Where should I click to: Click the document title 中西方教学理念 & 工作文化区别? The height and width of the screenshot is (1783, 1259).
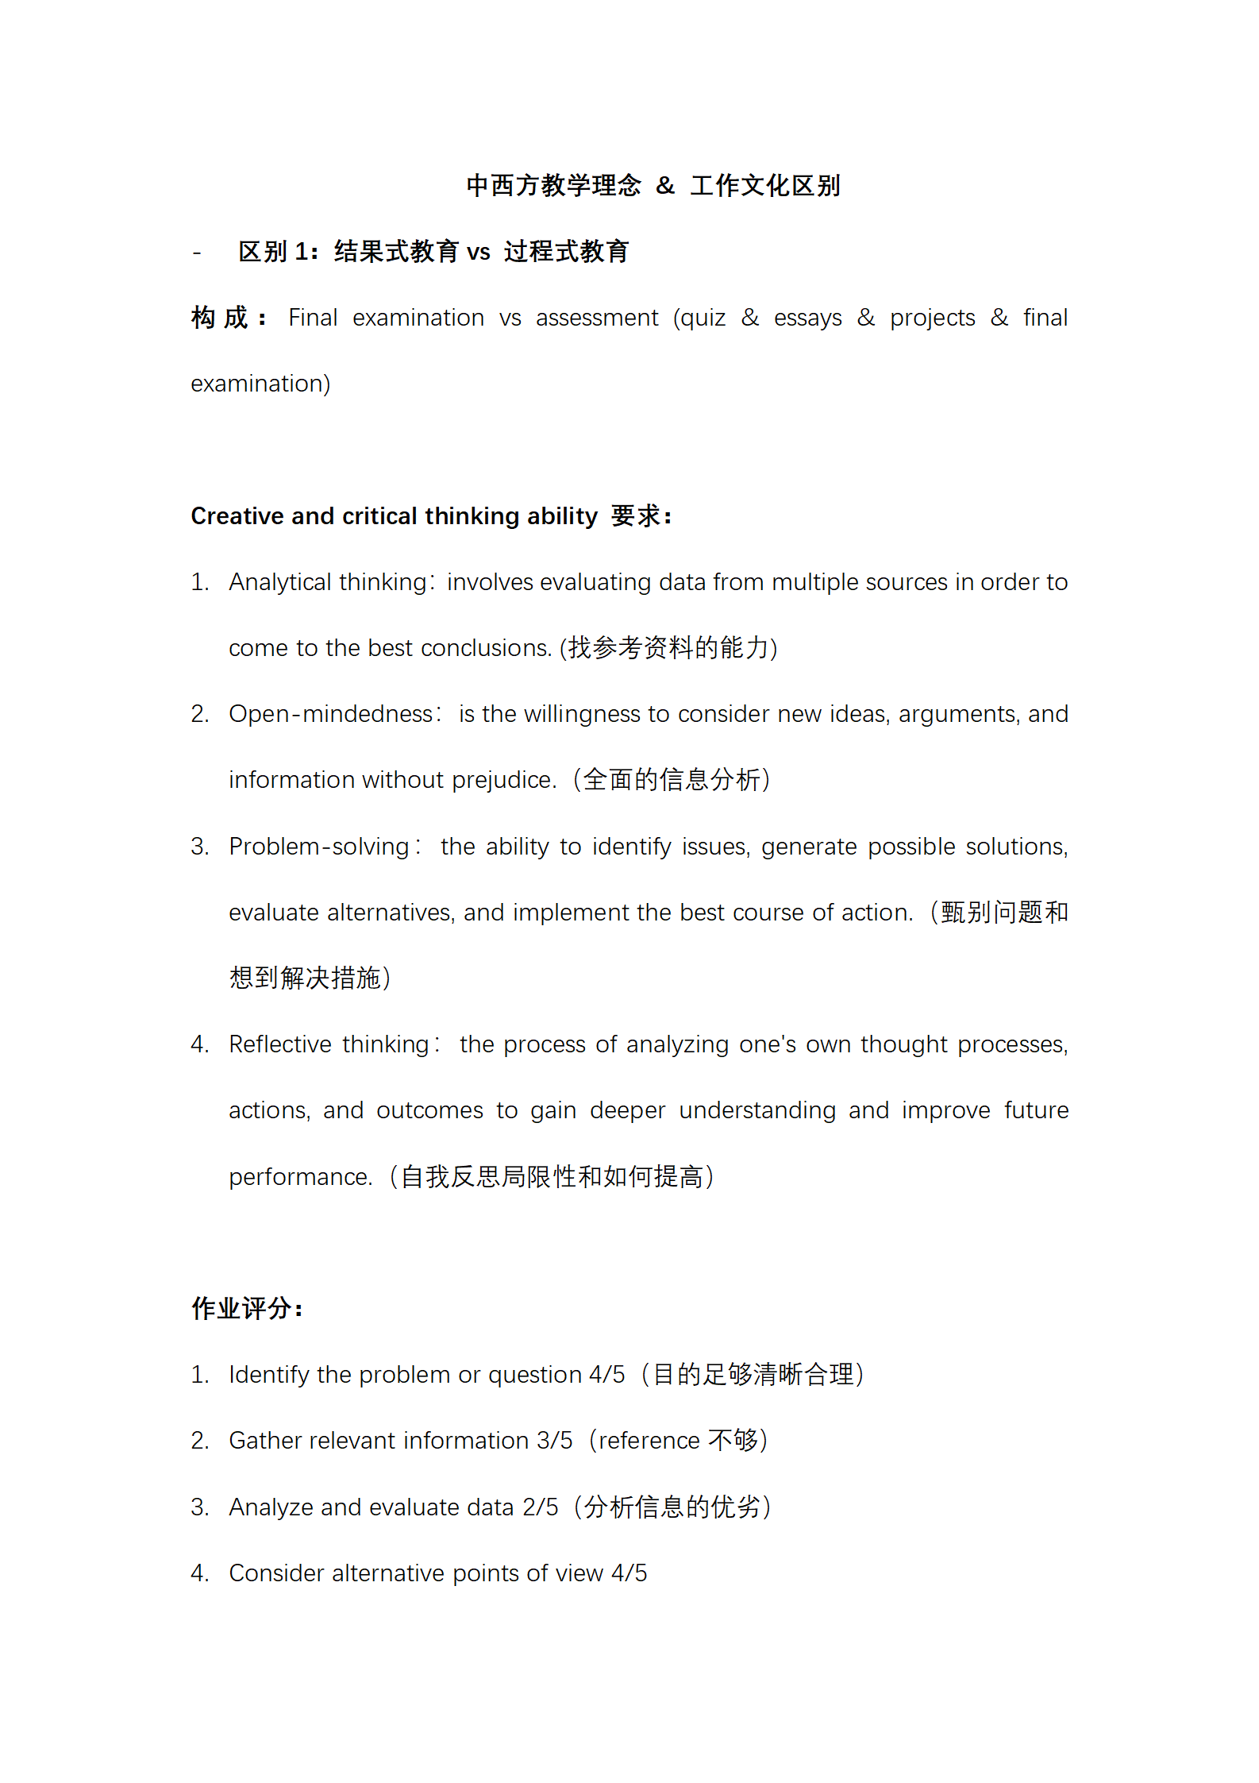(x=653, y=186)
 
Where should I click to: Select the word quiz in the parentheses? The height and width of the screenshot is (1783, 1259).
(x=703, y=318)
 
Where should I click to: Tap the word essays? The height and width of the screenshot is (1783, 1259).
(x=807, y=318)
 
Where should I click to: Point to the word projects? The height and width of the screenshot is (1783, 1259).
(x=932, y=318)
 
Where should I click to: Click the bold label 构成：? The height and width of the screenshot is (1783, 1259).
(x=229, y=318)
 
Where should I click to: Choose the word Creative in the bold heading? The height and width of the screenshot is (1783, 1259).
(x=238, y=516)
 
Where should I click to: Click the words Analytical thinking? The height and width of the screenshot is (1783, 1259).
(x=328, y=582)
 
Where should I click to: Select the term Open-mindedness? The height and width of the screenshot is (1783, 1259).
(x=330, y=714)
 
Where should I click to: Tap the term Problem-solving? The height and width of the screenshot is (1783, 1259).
(x=319, y=847)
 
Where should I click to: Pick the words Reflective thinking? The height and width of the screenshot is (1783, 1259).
(x=329, y=1044)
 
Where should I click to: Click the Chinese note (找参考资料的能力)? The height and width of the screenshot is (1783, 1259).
(x=668, y=648)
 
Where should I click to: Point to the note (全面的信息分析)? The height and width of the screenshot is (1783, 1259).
(x=672, y=780)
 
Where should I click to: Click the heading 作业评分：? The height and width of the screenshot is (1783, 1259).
(x=247, y=1308)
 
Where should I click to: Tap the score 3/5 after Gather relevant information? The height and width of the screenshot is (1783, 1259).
(x=554, y=1441)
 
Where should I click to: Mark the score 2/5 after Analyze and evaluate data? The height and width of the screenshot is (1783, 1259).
(x=541, y=1507)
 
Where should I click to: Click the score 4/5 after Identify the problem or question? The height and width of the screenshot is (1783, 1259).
(x=606, y=1375)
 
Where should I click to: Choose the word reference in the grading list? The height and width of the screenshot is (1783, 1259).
(x=649, y=1441)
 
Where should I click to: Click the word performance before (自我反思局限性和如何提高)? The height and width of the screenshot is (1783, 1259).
(x=300, y=1177)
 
